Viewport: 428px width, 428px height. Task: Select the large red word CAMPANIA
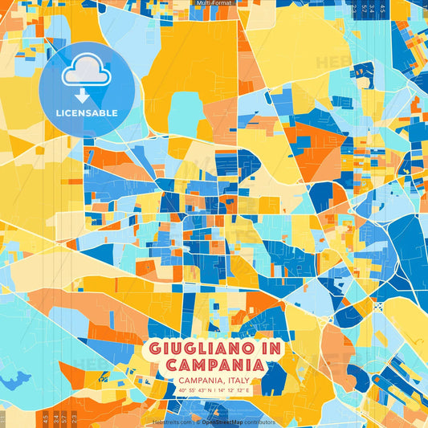click(214, 365)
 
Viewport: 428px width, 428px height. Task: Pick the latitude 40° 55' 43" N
click(194, 390)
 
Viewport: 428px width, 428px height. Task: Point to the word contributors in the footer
click(259, 422)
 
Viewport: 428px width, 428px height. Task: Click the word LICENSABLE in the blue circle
click(87, 113)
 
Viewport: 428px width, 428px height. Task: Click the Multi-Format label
click(214, 3)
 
